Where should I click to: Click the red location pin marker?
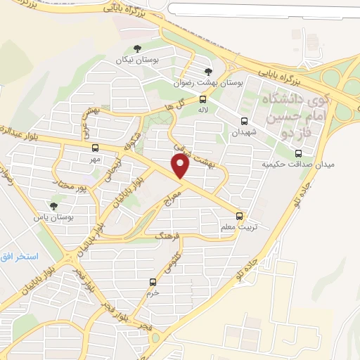click(181, 166)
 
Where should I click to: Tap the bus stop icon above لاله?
click(202, 99)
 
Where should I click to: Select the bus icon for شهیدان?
click(244, 121)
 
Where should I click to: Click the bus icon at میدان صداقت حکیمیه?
click(298, 153)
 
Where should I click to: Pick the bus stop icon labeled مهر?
click(96, 148)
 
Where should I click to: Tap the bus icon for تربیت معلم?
click(240, 216)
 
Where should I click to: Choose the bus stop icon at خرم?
click(153, 283)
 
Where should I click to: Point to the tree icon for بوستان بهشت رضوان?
click(207, 71)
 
